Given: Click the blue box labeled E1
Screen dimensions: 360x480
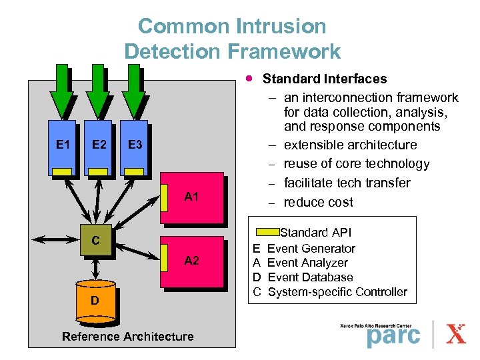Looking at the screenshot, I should (62, 147).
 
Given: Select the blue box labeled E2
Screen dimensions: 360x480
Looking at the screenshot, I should (98, 147).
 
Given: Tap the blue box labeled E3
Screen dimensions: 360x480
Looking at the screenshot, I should (134, 147).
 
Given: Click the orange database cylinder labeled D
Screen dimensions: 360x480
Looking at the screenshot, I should (95, 302).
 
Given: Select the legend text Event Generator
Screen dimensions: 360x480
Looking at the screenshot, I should (311, 248).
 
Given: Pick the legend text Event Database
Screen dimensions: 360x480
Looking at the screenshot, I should (310, 277).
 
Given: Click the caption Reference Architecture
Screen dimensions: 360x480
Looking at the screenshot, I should (127, 336).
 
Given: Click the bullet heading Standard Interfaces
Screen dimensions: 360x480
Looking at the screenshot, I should (325, 79).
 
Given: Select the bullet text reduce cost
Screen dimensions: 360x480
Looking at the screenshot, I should (318, 202).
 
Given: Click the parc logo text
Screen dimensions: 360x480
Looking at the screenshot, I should (393, 336).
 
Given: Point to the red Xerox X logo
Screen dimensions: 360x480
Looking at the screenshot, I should (456, 333).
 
